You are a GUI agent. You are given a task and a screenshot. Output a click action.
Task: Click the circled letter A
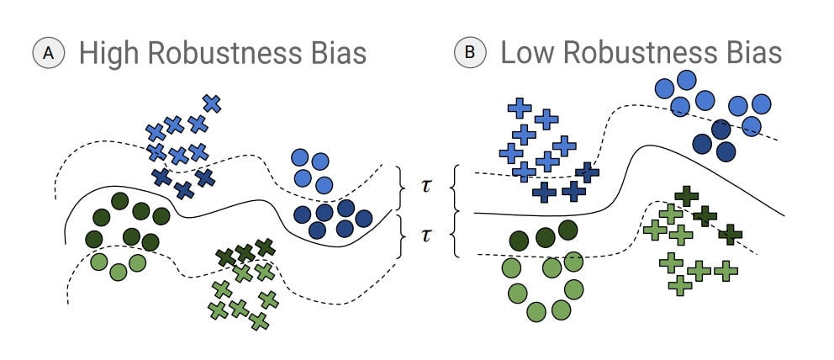pyautogui.click(x=49, y=53)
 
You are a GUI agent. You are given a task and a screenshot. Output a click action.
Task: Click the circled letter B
pyautogui.click(x=469, y=53)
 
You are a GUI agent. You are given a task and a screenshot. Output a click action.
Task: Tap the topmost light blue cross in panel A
pyautogui.click(x=212, y=103)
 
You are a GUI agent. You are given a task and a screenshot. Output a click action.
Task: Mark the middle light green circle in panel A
pyautogui.click(x=119, y=271)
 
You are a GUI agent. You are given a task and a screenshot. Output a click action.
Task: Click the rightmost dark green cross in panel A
pyautogui.click(x=265, y=247)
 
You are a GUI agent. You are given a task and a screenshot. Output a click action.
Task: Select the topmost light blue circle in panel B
pyautogui.click(x=687, y=81)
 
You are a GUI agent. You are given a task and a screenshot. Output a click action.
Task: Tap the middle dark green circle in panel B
pyautogui.click(x=545, y=237)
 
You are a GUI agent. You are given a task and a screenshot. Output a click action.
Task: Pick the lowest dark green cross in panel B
pyautogui.click(x=731, y=233)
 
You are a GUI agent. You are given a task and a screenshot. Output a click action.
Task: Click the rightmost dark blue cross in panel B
pyautogui.click(x=587, y=172)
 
